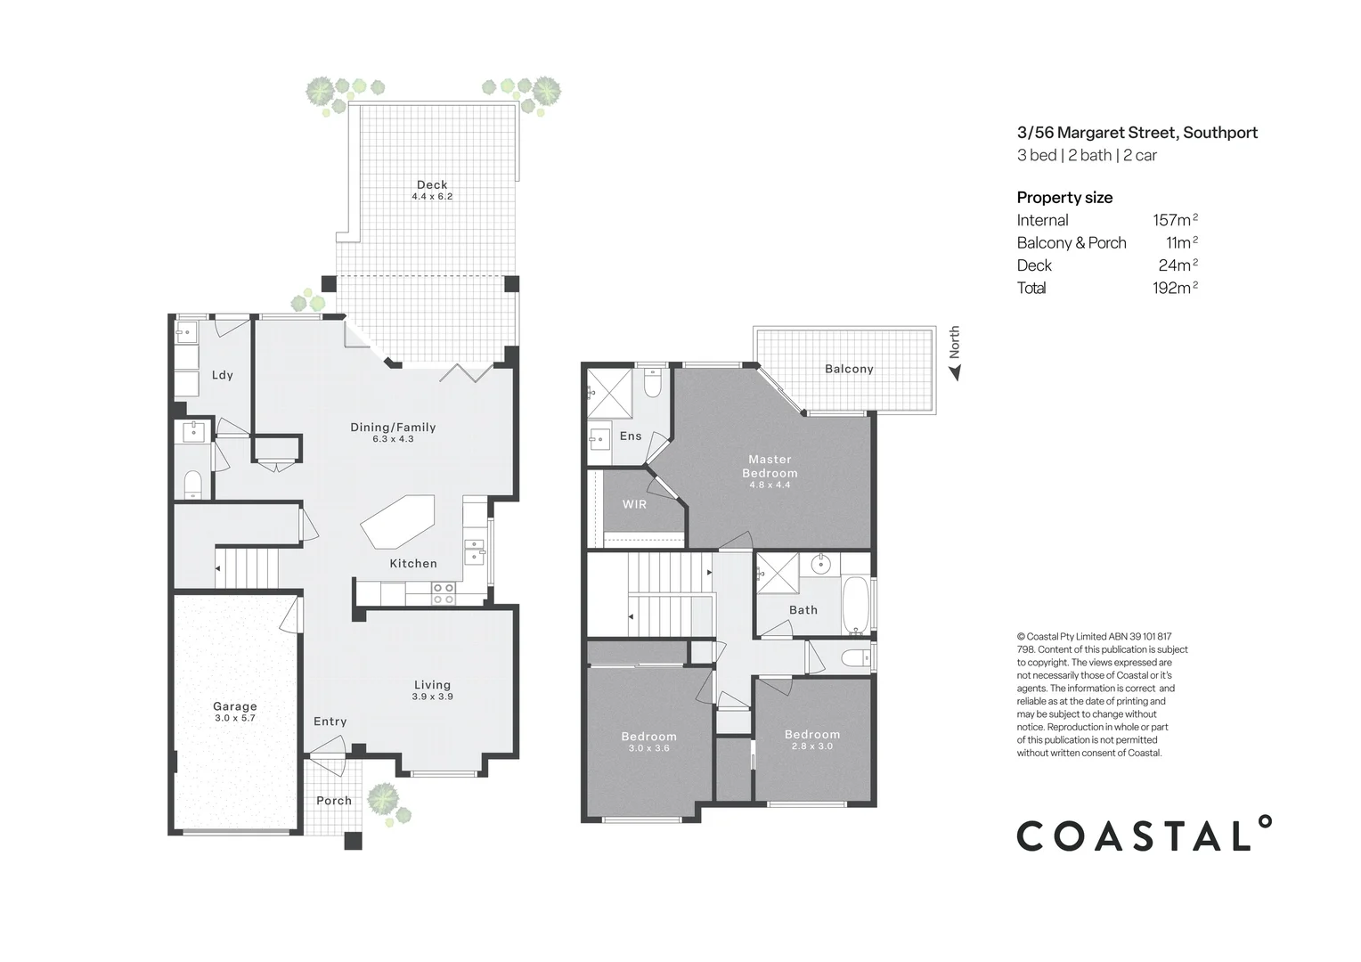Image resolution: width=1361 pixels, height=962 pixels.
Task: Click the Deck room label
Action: pyautogui.click(x=432, y=185)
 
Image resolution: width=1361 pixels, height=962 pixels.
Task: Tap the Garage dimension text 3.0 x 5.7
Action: pyautogui.click(x=235, y=718)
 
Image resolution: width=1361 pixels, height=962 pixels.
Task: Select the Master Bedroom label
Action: pyautogui.click(x=770, y=467)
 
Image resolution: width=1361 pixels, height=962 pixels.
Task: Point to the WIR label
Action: pyautogui.click(x=634, y=504)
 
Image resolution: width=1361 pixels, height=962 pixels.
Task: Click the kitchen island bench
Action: pyautogui.click(x=398, y=523)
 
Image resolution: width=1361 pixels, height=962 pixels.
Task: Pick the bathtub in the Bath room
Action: pyautogui.click(x=855, y=606)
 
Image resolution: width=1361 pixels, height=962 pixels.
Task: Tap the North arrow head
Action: pyautogui.click(x=957, y=373)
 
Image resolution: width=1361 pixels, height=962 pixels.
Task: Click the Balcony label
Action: pyautogui.click(x=849, y=369)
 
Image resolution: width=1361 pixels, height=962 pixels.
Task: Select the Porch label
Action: pyautogui.click(x=334, y=801)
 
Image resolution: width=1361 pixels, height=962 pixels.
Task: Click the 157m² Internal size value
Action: pyautogui.click(x=1174, y=220)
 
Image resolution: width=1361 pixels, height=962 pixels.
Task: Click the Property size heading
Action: pyautogui.click(x=1064, y=198)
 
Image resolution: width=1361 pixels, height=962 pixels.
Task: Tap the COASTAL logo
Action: pyautogui.click(x=1145, y=835)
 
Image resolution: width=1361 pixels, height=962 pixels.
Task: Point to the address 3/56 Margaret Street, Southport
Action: pyautogui.click(x=1137, y=133)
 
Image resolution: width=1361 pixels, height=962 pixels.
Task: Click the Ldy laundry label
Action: pyautogui.click(x=223, y=375)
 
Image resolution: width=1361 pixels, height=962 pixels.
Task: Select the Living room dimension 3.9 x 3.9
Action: pyautogui.click(x=432, y=697)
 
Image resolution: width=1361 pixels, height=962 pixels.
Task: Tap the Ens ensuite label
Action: pyautogui.click(x=631, y=436)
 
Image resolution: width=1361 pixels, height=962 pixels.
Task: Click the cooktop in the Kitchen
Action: pyautogui.click(x=443, y=592)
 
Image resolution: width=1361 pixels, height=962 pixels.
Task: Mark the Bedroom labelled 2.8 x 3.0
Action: pyautogui.click(x=811, y=740)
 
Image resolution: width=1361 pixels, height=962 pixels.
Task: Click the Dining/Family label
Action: pyautogui.click(x=393, y=428)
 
